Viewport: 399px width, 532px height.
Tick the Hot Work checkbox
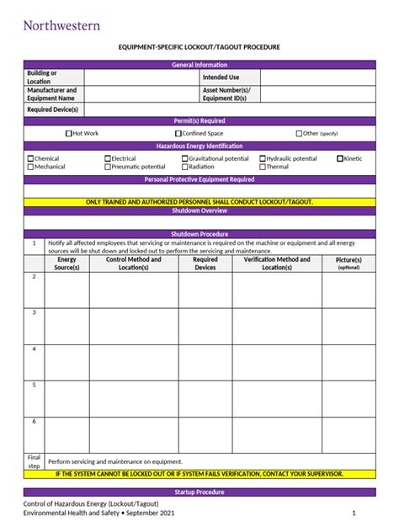69,133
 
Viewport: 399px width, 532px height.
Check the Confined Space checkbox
178,133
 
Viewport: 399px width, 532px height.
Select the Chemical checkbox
30,158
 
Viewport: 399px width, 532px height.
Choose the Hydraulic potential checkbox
263,158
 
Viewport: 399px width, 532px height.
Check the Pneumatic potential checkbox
108,167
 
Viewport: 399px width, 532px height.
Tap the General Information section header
199,65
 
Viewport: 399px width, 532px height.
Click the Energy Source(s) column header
66,263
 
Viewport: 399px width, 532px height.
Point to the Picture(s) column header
348,263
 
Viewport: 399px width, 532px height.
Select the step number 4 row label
34,348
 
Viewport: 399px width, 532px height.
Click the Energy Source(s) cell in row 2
66,290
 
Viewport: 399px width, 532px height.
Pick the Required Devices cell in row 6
205,434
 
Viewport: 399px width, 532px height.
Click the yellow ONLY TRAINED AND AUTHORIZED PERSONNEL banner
199,202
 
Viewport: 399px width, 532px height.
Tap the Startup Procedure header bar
199,492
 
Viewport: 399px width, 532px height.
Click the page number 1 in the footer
354,513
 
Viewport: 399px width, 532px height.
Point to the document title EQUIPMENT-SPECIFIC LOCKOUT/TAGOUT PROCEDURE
199,47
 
